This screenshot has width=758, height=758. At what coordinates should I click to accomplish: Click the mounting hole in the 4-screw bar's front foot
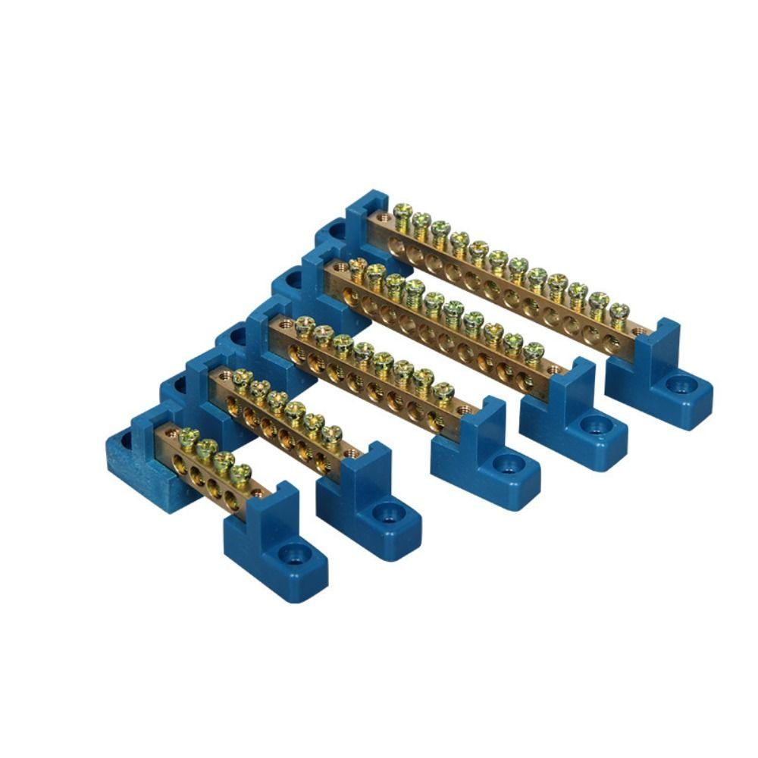(290, 554)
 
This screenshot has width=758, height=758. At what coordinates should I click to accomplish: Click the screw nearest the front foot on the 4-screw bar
(240, 474)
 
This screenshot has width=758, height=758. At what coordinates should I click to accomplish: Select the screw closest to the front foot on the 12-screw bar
(619, 312)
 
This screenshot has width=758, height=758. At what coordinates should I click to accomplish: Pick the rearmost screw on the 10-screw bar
(357, 267)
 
